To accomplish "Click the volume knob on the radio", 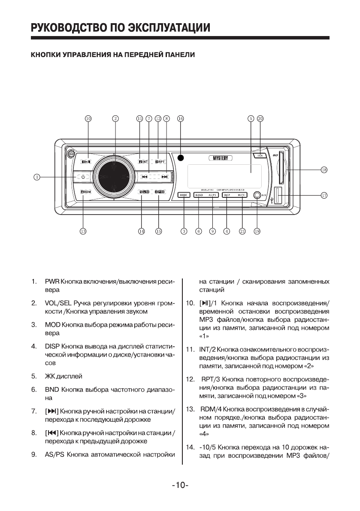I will [115, 176].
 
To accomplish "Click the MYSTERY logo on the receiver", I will [221, 158].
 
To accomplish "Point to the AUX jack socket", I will [257, 196].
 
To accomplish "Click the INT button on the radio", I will [143, 162].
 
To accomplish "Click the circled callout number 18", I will [324, 170].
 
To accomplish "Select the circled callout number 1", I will [37, 176].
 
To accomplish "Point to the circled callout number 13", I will [83, 231].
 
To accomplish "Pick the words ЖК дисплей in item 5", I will [64, 376].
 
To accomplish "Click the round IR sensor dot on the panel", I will [181, 157].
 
